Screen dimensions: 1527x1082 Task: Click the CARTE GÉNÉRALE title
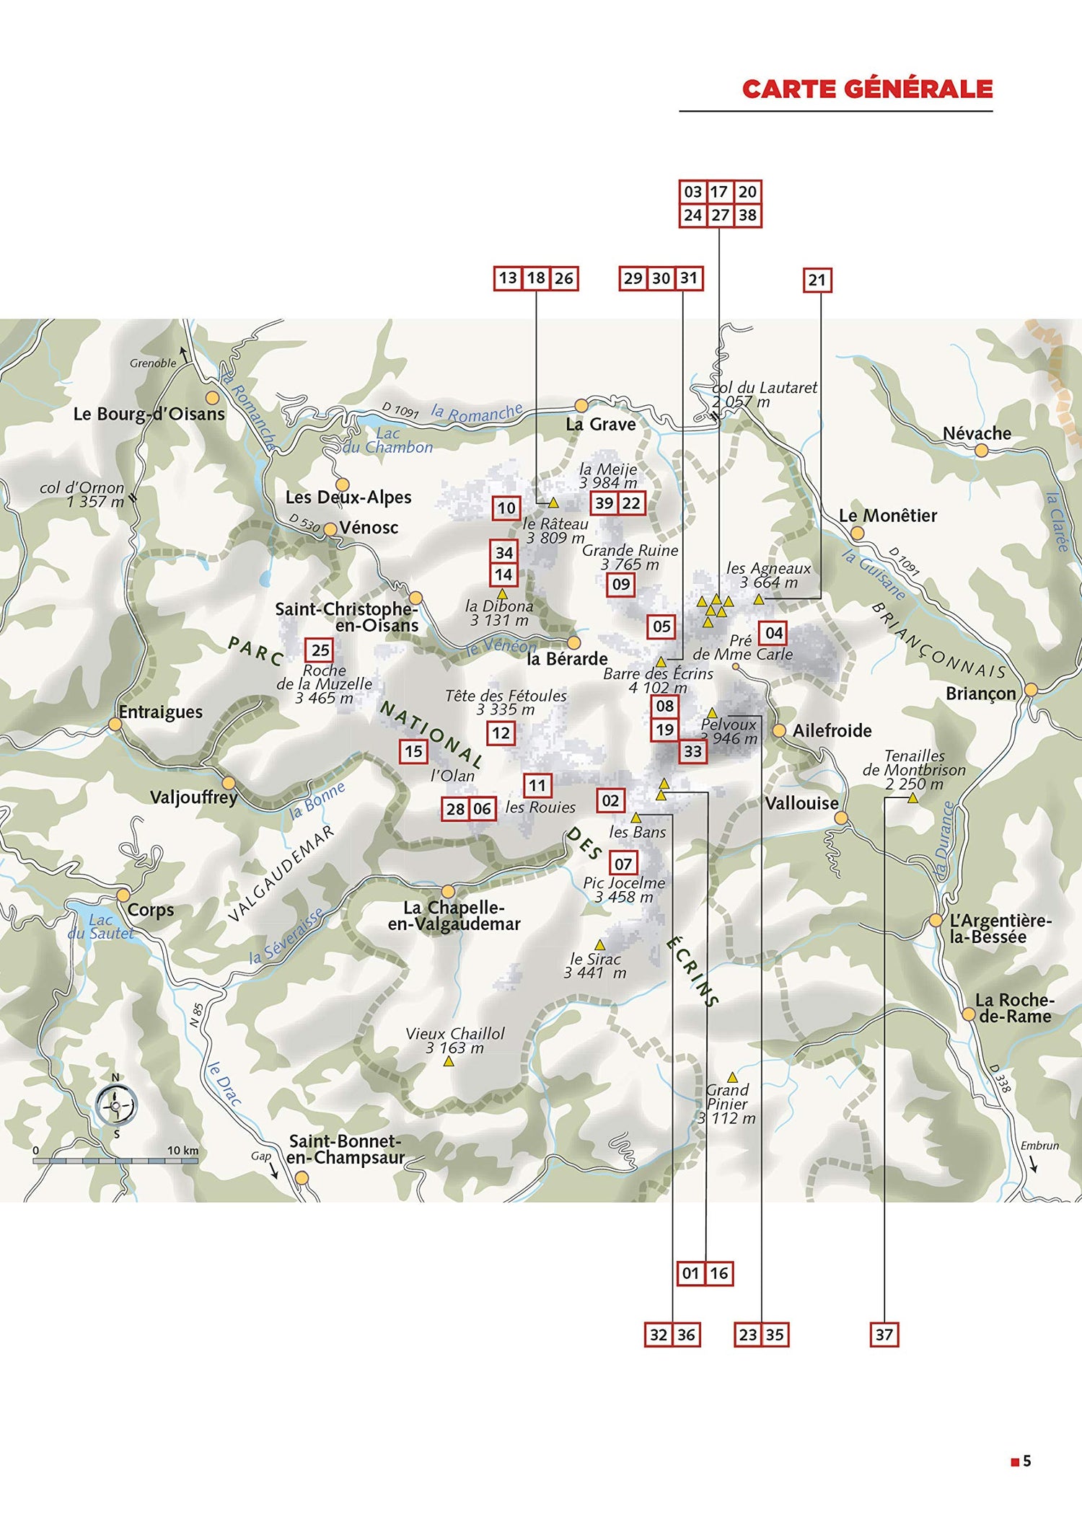point(867,89)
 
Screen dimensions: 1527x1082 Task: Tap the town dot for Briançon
point(1032,689)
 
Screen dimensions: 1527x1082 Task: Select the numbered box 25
point(320,650)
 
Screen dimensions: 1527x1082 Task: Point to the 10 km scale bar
point(115,1161)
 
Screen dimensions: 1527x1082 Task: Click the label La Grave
point(600,424)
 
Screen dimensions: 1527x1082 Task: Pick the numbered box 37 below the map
point(884,1335)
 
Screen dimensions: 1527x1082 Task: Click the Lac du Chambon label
point(388,440)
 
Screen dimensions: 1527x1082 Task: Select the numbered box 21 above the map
point(817,280)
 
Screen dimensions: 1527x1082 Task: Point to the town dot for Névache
point(981,451)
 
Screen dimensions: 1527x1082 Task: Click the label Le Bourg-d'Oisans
point(149,414)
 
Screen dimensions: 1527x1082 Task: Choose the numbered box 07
point(623,863)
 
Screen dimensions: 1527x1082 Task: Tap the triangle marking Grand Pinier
point(732,1077)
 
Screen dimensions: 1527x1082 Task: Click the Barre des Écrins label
point(658,673)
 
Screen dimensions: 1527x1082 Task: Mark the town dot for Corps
point(123,895)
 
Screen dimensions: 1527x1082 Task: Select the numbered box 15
point(413,751)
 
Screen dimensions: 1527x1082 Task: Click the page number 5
point(1027,1461)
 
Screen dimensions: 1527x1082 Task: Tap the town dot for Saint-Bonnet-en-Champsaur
point(302,1177)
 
